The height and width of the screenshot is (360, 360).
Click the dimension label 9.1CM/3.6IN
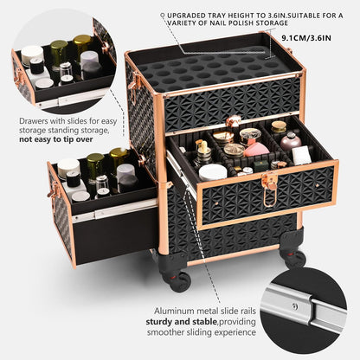[306, 38]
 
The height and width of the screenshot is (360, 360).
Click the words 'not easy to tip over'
[56, 139]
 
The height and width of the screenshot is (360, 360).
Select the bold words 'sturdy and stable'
[181, 321]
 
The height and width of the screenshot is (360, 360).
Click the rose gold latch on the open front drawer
[270, 189]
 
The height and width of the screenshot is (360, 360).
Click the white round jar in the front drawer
[213, 172]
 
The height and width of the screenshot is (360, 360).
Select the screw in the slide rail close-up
[294, 306]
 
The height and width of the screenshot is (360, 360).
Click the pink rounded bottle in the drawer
[291, 141]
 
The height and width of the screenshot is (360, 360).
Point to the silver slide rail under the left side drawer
[114, 211]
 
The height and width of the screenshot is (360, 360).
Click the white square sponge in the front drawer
[301, 155]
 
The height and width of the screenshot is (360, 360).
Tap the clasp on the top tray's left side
[133, 81]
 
